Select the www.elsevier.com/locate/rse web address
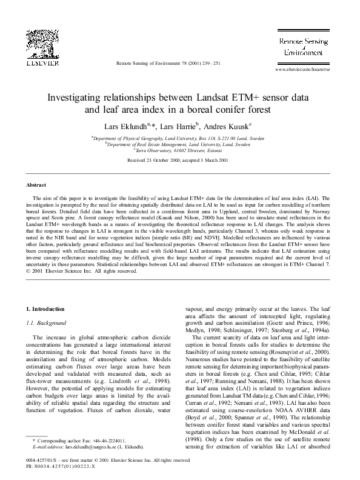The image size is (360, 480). (x=302, y=70)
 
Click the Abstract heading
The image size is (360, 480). (x=37, y=184)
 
